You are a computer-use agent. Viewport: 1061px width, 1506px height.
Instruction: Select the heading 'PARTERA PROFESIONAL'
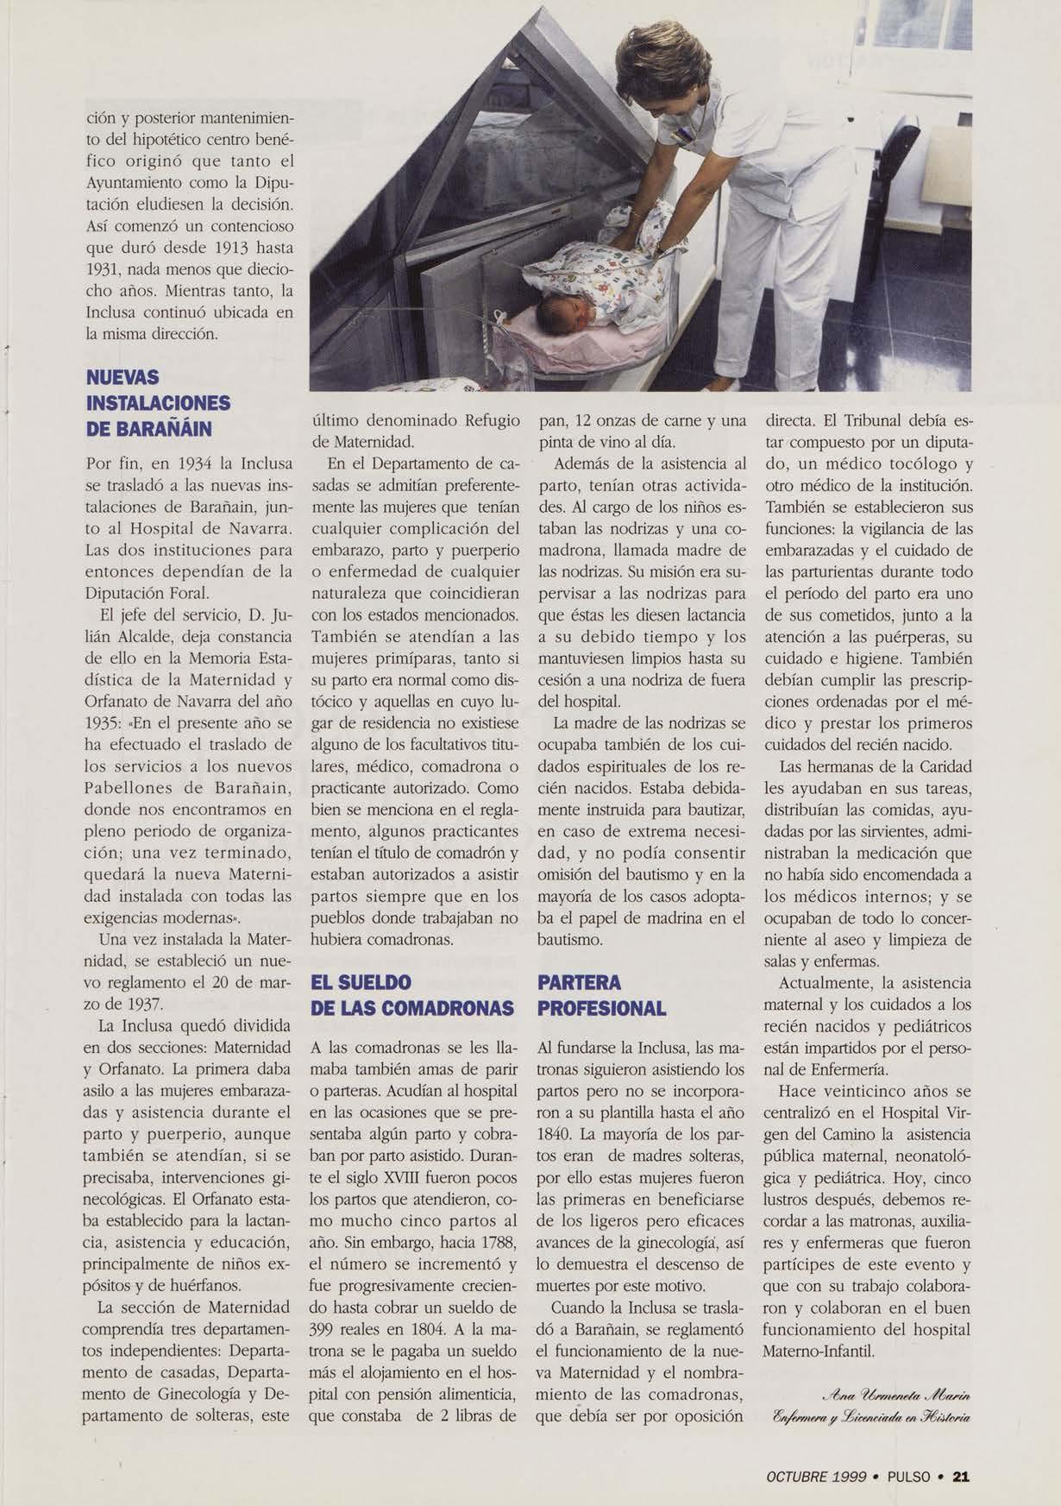(601, 995)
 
